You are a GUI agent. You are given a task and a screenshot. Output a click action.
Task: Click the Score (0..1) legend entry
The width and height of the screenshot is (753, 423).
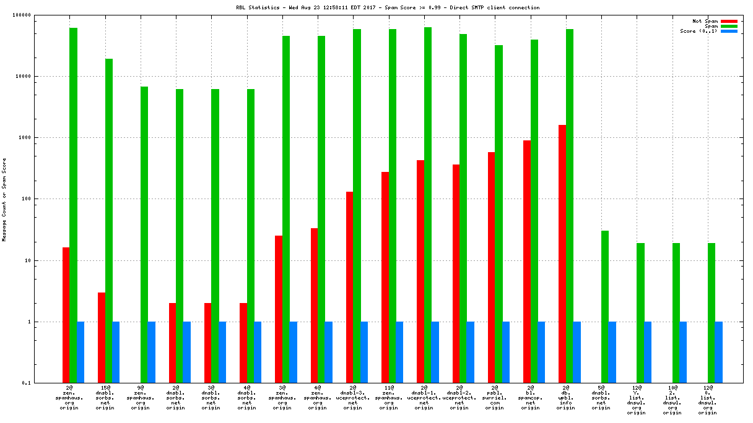699,31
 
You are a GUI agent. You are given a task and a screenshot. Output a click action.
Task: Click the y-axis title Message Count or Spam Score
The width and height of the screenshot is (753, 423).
4,199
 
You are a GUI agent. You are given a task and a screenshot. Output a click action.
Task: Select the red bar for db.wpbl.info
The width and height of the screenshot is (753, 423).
562,254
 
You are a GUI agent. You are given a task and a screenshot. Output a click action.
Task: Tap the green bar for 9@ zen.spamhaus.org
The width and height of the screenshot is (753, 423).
144,235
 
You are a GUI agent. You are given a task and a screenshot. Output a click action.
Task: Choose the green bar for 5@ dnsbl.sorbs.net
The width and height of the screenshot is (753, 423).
605,307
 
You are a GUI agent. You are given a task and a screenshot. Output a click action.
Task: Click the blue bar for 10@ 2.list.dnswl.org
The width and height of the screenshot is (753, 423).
683,352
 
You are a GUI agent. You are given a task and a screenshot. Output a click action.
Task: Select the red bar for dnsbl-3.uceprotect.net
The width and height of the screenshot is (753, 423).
349,288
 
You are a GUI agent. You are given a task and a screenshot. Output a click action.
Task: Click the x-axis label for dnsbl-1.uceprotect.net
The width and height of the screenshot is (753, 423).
424,399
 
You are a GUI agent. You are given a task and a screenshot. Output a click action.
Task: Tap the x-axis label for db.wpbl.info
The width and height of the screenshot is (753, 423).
565,399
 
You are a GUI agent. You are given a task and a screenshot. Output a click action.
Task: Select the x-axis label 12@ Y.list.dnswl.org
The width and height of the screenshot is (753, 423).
637,399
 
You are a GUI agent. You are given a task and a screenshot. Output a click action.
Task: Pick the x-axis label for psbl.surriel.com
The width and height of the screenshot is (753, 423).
495,399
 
